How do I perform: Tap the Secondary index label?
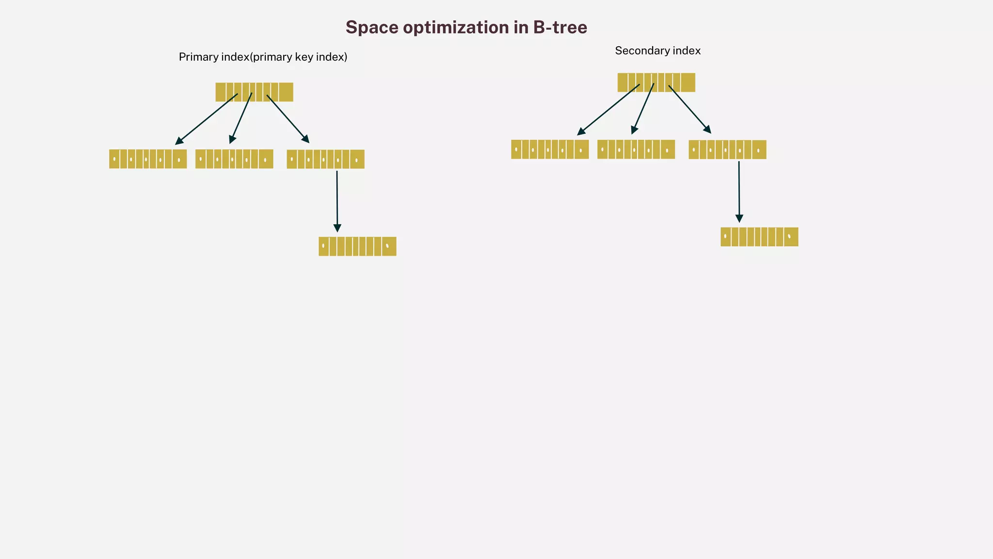point(657,51)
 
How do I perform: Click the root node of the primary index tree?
point(254,92)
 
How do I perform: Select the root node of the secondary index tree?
point(656,82)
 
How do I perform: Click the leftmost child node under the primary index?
point(148,159)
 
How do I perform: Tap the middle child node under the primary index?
point(234,159)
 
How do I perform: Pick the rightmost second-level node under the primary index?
point(325,159)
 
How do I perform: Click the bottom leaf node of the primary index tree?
point(357,247)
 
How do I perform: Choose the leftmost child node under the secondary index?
point(550,149)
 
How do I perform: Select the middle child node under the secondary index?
point(636,149)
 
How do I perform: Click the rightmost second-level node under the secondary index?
point(727,150)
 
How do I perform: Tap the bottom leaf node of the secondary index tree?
point(759,237)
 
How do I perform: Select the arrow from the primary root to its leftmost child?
point(207,119)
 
